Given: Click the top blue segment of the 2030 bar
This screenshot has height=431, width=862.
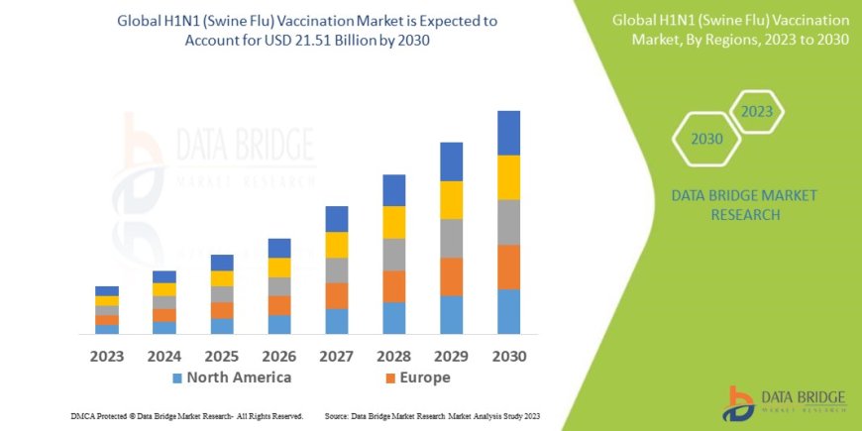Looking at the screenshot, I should [x=508, y=133].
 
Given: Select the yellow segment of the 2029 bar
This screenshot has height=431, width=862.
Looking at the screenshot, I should [x=451, y=200].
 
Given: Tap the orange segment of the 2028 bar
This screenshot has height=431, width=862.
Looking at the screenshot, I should [x=393, y=286].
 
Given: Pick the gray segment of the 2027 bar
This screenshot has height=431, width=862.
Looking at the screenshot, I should [x=337, y=270].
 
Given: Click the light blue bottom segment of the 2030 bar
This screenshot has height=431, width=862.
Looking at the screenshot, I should [x=508, y=311].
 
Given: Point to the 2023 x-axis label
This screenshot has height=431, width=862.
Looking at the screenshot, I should [x=106, y=356].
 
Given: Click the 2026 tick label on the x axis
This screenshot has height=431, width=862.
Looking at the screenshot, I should [x=278, y=356].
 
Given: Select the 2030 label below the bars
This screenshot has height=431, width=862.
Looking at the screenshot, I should [x=508, y=356].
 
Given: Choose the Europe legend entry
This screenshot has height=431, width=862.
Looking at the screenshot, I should [x=417, y=377].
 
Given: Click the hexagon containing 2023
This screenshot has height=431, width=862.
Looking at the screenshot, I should [x=756, y=111].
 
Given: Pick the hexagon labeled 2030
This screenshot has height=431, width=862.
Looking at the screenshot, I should [x=706, y=139].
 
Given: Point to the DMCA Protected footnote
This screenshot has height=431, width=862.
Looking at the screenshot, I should [x=187, y=416].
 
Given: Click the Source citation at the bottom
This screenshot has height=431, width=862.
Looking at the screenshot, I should [x=434, y=416].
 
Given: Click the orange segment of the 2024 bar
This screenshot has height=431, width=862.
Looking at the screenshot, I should [x=164, y=315].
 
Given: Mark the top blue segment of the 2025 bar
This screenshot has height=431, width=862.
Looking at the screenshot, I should [x=222, y=263].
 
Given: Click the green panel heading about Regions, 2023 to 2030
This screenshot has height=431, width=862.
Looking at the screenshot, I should [x=730, y=29].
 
